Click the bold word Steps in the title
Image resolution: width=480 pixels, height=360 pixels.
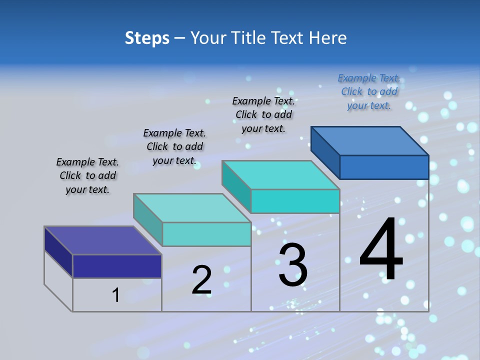[147, 38]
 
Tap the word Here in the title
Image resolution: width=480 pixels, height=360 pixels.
[328, 38]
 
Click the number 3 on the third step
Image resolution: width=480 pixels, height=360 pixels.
[293, 265]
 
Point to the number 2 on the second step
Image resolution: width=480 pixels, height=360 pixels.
[201, 280]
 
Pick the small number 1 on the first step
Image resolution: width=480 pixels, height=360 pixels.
[116, 295]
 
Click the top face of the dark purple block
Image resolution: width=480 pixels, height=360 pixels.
[102, 240]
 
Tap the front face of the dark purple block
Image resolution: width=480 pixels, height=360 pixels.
[117, 266]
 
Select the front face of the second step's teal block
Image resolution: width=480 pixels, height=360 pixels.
[206, 234]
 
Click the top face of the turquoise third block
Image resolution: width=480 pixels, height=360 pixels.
[280, 175]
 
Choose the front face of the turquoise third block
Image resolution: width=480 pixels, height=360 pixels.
[295, 201]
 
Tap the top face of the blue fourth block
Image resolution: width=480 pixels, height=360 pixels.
[370, 140]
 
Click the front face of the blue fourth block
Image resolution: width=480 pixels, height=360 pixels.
[384, 167]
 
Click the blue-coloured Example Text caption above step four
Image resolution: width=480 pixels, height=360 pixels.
[369, 91]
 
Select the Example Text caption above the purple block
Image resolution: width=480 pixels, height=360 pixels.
[87, 175]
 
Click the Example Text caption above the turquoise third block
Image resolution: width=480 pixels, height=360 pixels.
[263, 114]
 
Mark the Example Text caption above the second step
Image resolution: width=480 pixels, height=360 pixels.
[174, 146]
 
